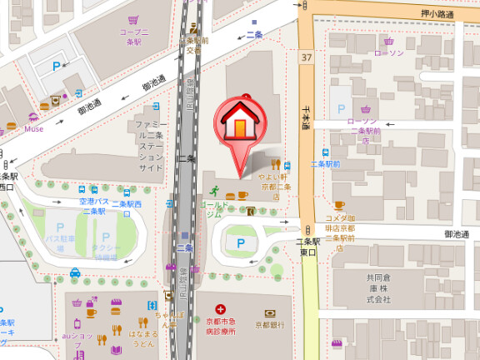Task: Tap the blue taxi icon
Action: click(x=75, y=272)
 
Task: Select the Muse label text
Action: click(x=33, y=128)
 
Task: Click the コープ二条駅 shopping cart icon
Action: click(x=133, y=17)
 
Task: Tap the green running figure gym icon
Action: click(x=213, y=188)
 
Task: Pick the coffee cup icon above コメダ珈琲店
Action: click(x=338, y=205)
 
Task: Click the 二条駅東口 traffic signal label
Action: click(x=308, y=247)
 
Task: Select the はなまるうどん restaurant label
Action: click(x=142, y=338)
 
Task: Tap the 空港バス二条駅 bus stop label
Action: click(x=92, y=207)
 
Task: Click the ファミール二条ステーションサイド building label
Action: click(x=150, y=145)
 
